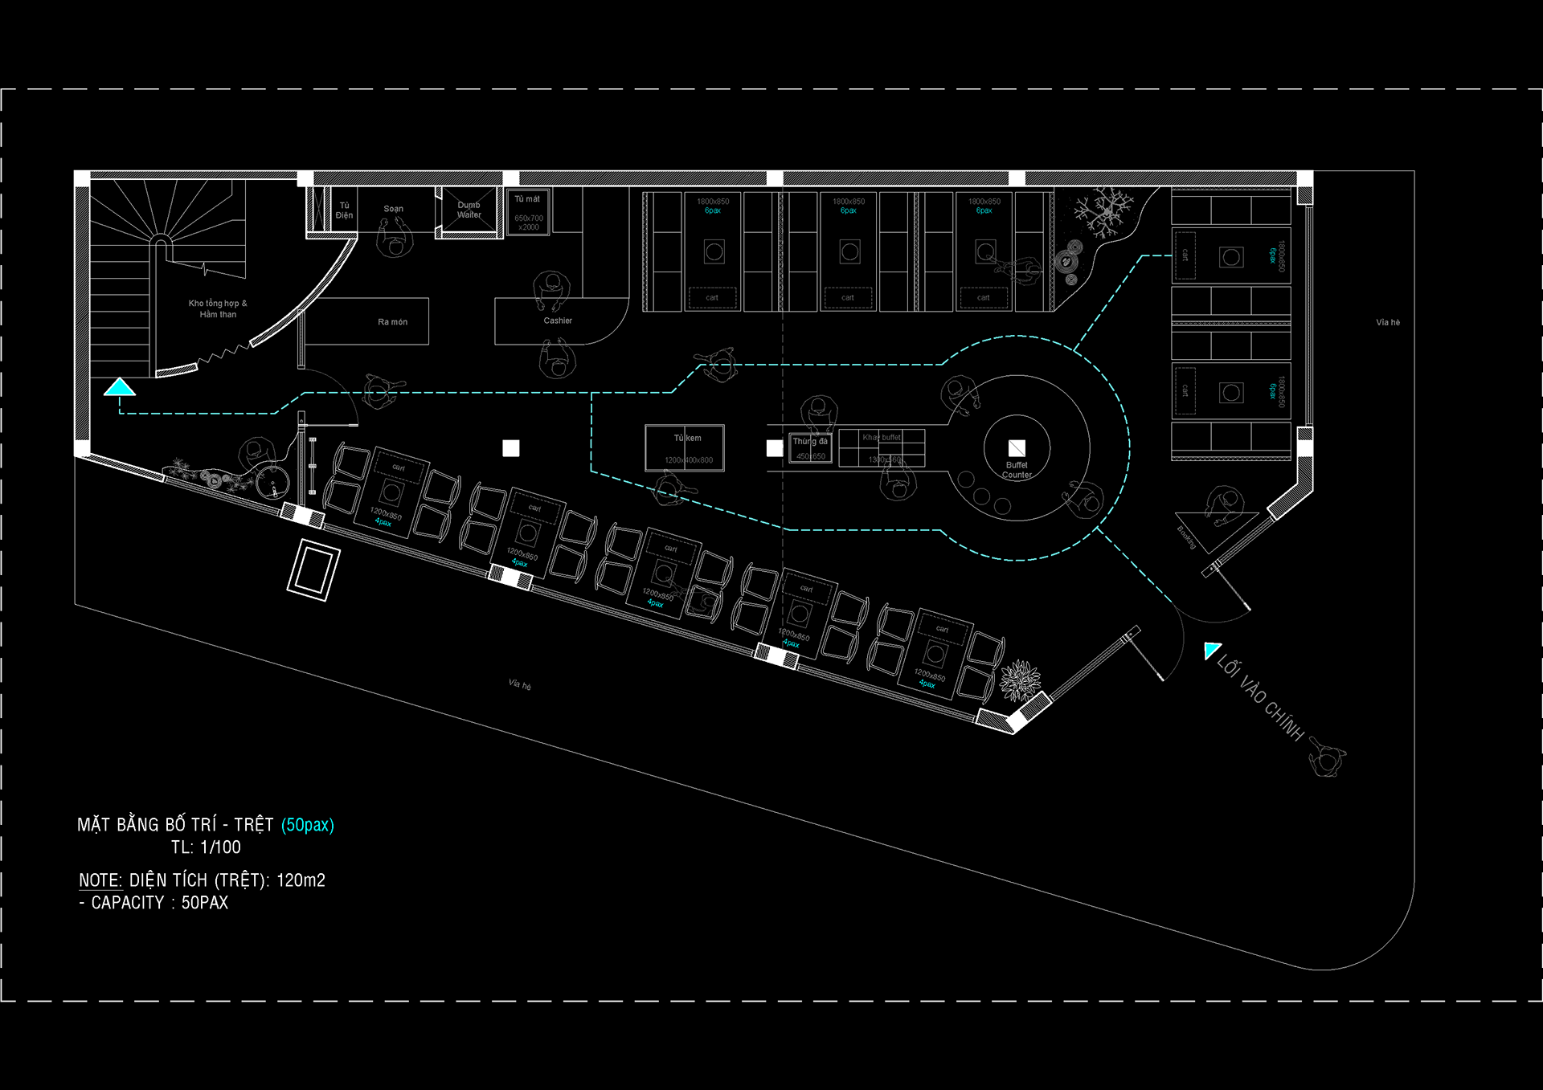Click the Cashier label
pyautogui.click(x=558, y=320)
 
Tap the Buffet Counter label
pyautogui.click(x=1017, y=470)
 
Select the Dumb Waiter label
pyautogui.click(x=469, y=210)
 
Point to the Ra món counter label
pyautogui.click(x=392, y=322)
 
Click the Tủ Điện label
pyautogui.click(x=344, y=210)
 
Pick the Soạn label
pyautogui.click(x=393, y=209)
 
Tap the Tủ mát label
pyautogui.click(x=527, y=199)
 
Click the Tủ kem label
pyautogui.click(x=687, y=438)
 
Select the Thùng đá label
pyautogui.click(x=809, y=441)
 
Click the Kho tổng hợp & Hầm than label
pyautogui.click(x=218, y=308)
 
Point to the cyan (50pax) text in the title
pyautogui.click(x=307, y=825)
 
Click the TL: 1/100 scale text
pyautogui.click(x=206, y=847)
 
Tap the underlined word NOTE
pyautogui.click(x=100, y=880)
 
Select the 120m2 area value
pyautogui.click(x=301, y=880)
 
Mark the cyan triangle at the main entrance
pyautogui.click(x=1211, y=650)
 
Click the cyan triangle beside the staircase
pyautogui.click(x=120, y=388)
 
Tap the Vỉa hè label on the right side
pyautogui.click(x=1388, y=323)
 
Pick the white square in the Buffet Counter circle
pyautogui.click(x=1017, y=448)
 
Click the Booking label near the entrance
pyautogui.click(x=1186, y=537)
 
